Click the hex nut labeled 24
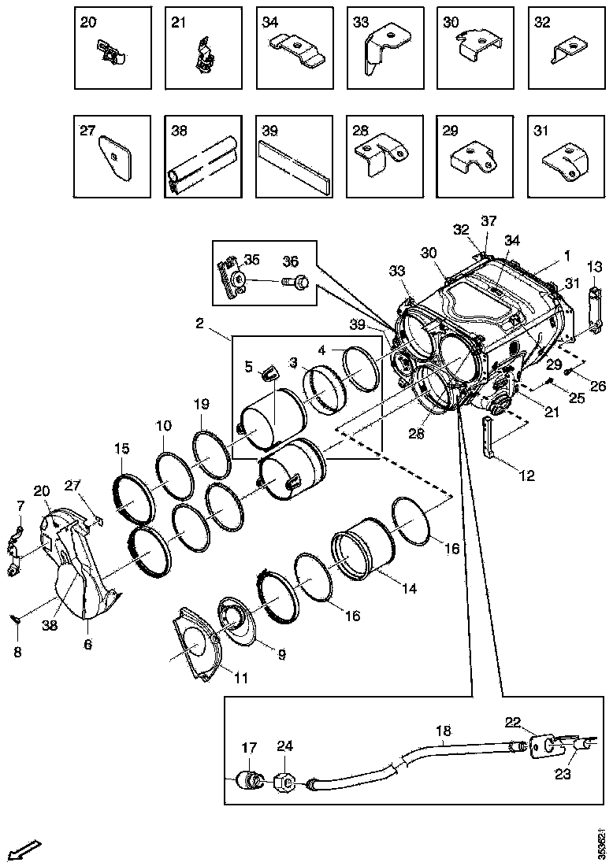pos(284,783)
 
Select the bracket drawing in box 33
pos(382,52)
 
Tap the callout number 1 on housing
pos(566,256)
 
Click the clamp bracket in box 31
pos(566,159)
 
